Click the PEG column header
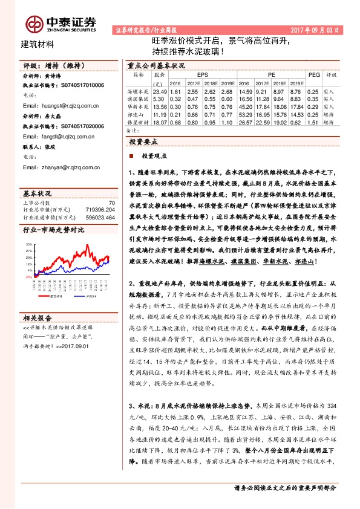pyautogui.click(x=313, y=74)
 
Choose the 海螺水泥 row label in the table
pyautogui.click(x=139, y=90)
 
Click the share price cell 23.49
pyautogui.click(x=159, y=90)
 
